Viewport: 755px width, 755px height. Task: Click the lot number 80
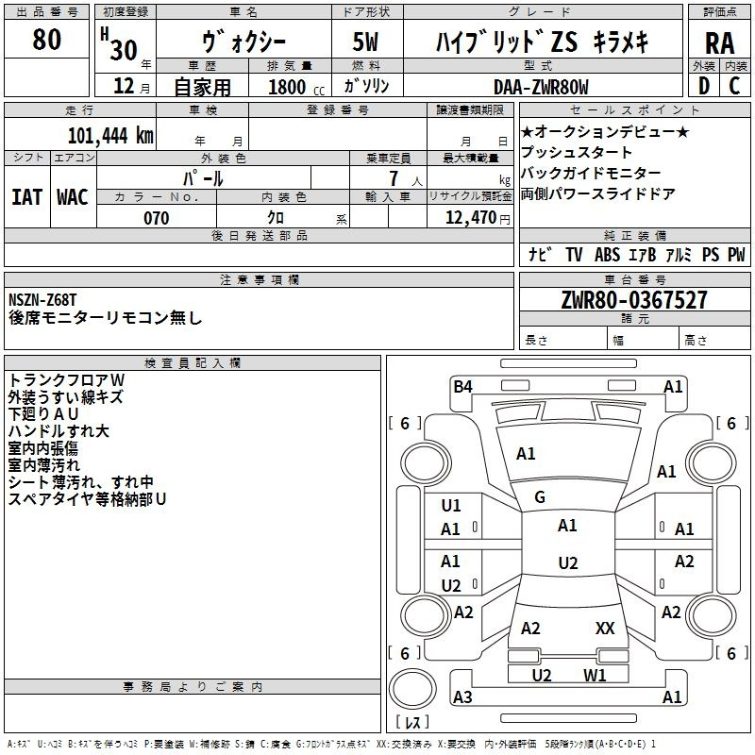click(x=46, y=39)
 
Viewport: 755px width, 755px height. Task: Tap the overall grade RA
click(x=719, y=43)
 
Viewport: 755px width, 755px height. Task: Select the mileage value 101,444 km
click(x=110, y=136)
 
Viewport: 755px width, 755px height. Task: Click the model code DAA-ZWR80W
click(x=541, y=87)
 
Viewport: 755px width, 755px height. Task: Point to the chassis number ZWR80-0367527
click(x=634, y=300)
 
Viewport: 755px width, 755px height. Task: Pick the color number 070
click(x=156, y=218)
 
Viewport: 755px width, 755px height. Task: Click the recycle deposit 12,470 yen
click(x=478, y=218)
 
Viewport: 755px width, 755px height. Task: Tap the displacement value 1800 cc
click(x=296, y=87)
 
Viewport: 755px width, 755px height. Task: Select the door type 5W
click(x=365, y=42)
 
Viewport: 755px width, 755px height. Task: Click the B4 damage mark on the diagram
click(x=462, y=387)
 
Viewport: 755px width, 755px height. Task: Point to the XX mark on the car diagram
click(x=605, y=629)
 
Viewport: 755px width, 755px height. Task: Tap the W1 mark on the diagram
click(x=595, y=675)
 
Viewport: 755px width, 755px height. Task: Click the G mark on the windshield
click(x=540, y=497)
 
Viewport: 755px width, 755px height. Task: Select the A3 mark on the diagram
click(x=462, y=696)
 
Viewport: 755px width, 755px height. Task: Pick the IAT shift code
click(x=26, y=197)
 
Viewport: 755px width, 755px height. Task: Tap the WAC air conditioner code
click(x=73, y=197)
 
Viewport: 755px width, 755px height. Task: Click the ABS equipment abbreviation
click(x=607, y=255)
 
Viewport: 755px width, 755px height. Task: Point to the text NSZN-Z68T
click(x=42, y=300)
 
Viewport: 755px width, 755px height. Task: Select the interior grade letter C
click(x=734, y=86)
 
